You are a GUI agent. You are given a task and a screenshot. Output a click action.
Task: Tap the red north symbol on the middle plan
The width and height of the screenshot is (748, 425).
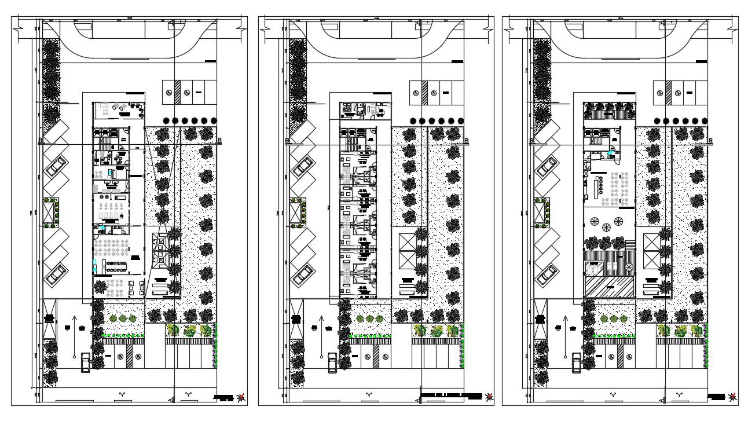[490, 397]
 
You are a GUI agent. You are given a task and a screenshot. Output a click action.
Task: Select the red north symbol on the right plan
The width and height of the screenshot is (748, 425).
[733, 397]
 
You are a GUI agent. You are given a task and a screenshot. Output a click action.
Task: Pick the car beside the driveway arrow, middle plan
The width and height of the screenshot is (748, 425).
[332, 362]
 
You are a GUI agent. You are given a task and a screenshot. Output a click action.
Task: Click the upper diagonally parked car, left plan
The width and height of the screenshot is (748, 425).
[56, 167]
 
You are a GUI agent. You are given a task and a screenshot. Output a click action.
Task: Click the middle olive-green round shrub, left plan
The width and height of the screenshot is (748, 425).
[122, 318]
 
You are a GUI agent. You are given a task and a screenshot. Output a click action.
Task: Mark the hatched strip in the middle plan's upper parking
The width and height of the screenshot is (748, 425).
[424, 92]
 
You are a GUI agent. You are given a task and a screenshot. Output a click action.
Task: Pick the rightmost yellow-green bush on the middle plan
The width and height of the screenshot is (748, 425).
[453, 331]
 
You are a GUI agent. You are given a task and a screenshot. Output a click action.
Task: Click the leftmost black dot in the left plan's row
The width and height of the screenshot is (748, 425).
[167, 121]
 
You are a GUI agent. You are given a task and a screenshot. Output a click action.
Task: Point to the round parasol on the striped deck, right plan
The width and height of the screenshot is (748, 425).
[619, 222]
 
